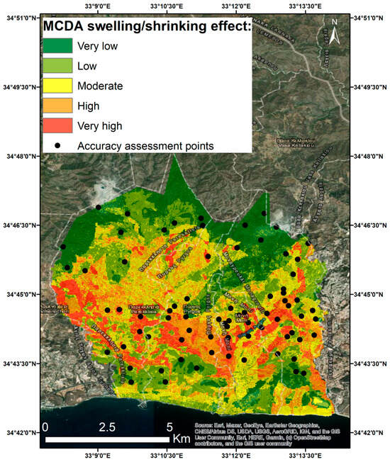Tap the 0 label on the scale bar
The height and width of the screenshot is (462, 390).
45,428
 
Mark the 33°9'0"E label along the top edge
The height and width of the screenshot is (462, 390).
99,6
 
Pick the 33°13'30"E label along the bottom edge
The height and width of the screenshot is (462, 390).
306,457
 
